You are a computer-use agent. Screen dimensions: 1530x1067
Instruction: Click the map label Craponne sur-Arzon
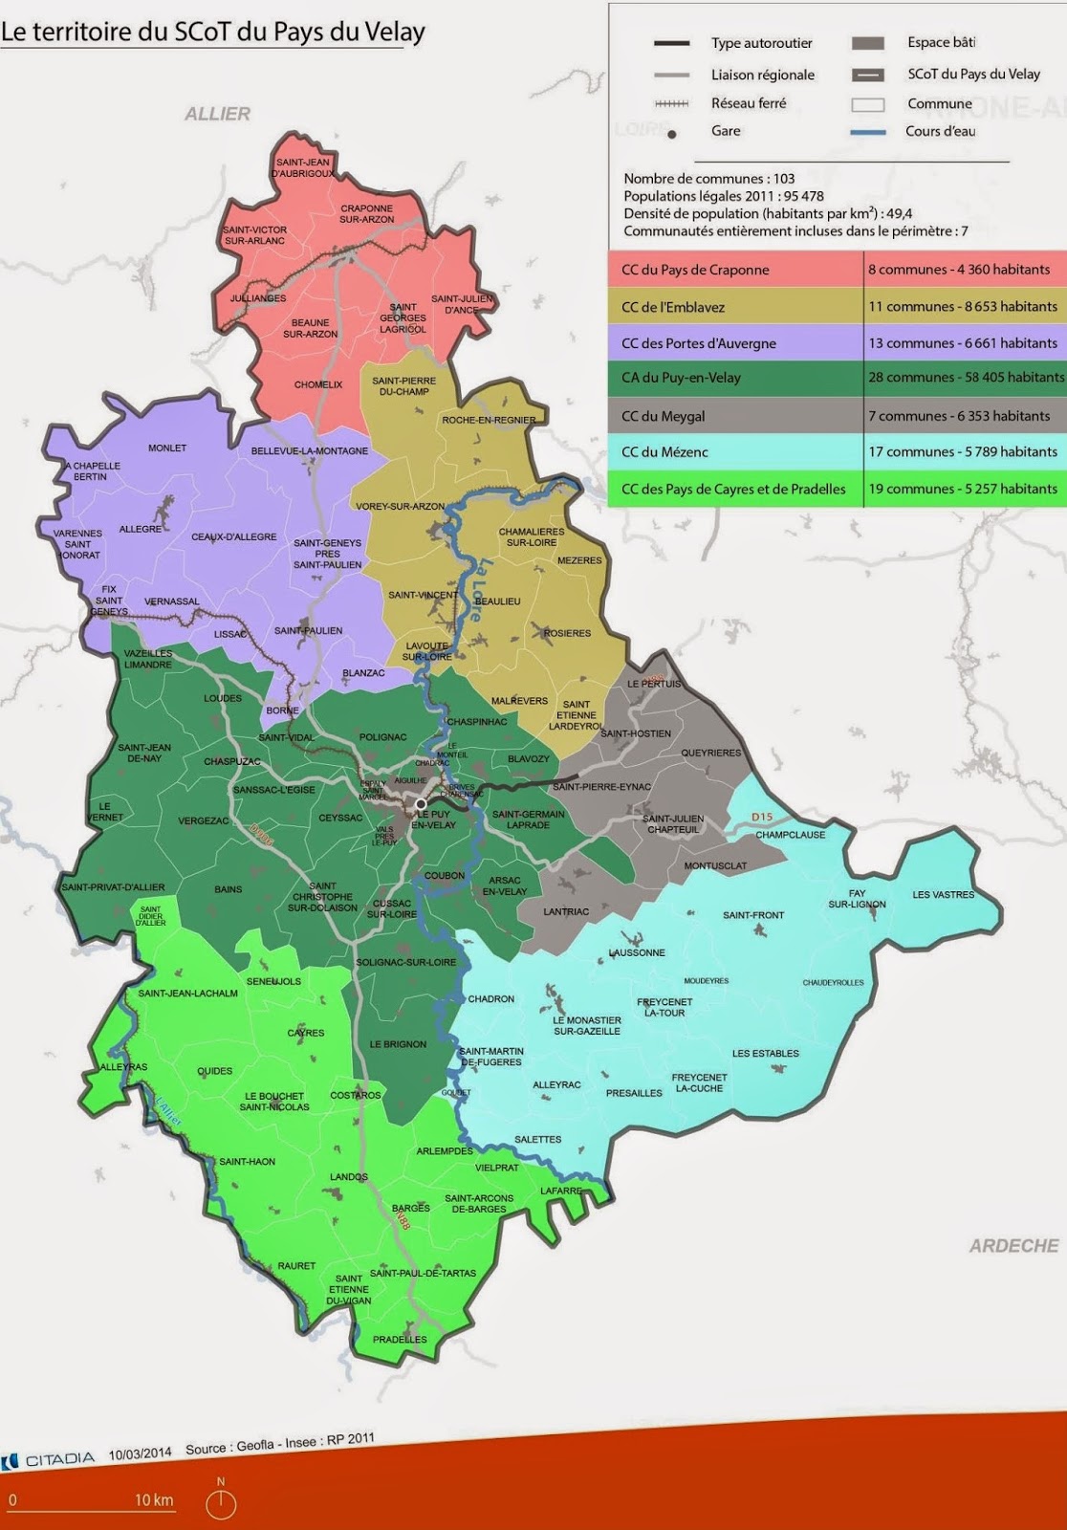tap(366, 213)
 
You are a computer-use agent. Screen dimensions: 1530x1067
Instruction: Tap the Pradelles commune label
tap(400, 1339)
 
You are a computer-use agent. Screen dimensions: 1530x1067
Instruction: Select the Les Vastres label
tap(943, 895)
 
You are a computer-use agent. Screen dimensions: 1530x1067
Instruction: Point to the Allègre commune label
tap(141, 529)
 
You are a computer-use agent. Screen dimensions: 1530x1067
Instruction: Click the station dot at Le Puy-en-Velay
tap(420, 804)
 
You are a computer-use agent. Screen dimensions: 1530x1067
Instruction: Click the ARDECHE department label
tap(1013, 1246)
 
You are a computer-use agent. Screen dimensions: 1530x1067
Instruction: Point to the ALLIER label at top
tap(217, 114)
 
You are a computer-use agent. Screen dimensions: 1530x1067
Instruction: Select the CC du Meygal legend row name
tap(663, 416)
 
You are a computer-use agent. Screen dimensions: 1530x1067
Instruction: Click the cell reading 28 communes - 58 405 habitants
tap(965, 378)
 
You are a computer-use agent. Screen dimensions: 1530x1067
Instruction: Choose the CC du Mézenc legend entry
tap(664, 452)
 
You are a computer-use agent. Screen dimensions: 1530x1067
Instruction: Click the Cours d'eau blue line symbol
tap(867, 132)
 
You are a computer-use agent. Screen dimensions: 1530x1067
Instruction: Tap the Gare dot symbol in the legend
tap(672, 134)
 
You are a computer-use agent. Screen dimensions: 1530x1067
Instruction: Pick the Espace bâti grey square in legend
tap(867, 43)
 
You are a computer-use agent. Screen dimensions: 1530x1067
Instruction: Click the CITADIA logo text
tap(59, 1459)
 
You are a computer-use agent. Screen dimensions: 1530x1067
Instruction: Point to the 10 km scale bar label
tap(153, 1499)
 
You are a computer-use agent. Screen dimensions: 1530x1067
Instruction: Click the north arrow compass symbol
tap(221, 1503)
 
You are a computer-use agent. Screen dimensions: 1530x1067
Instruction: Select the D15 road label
tap(761, 817)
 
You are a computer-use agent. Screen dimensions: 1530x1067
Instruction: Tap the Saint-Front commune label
tap(753, 915)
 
